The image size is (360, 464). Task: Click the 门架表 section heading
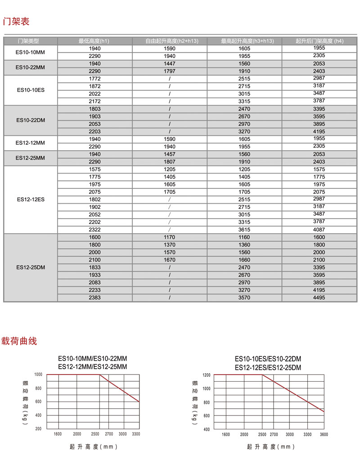[x=16, y=21]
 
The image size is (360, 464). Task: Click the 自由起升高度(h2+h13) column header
[x=170, y=41]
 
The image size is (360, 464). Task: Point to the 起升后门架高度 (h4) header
[x=319, y=41]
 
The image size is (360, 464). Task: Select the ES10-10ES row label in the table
[x=31, y=90]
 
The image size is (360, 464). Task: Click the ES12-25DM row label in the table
[x=31, y=268]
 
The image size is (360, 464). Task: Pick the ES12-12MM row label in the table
[x=31, y=143]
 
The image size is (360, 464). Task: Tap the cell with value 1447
[x=170, y=64]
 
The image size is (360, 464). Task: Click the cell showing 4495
[x=319, y=298]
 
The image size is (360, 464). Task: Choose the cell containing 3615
[x=244, y=229]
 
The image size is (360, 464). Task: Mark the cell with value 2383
[x=95, y=298]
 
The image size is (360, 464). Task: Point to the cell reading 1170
[x=170, y=237]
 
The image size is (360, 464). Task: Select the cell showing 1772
[x=95, y=79]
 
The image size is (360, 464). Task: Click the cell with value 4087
[x=319, y=229]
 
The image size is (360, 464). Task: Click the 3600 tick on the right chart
[x=324, y=435]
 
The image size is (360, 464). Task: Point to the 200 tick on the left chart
[x=38, y=428]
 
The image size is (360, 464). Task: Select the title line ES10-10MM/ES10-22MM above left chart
[x=93, y=359]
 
